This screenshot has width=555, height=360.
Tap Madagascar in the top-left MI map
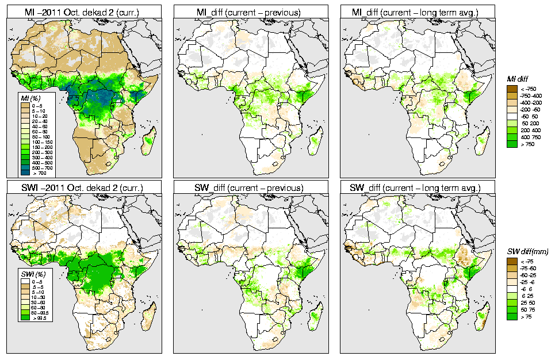148,138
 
